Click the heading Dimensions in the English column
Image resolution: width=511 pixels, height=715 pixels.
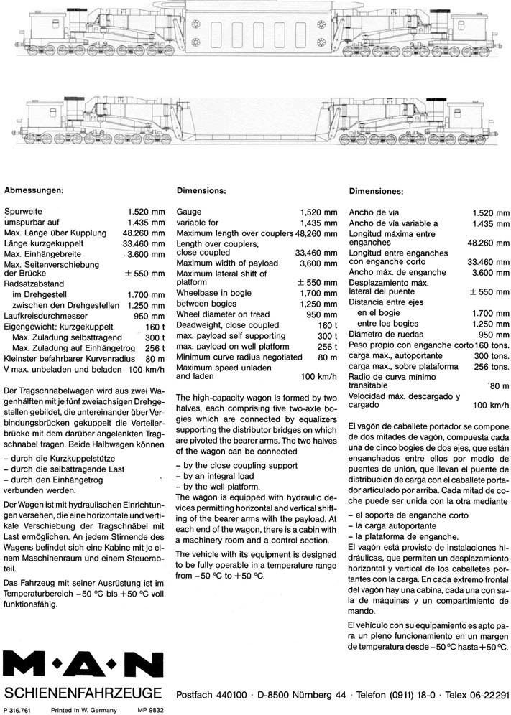[x=201, y=191]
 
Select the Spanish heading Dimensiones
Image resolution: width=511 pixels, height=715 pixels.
[x=376, y=192]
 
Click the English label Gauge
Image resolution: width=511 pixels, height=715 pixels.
[x=188, y=212]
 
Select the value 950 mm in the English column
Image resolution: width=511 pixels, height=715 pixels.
[x=321, y=314]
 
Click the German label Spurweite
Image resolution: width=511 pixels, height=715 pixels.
[x=24, y=212]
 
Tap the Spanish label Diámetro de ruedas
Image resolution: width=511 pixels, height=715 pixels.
[x=385, y=334]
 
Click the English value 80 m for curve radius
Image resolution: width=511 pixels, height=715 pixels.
[x=327, y=357]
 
